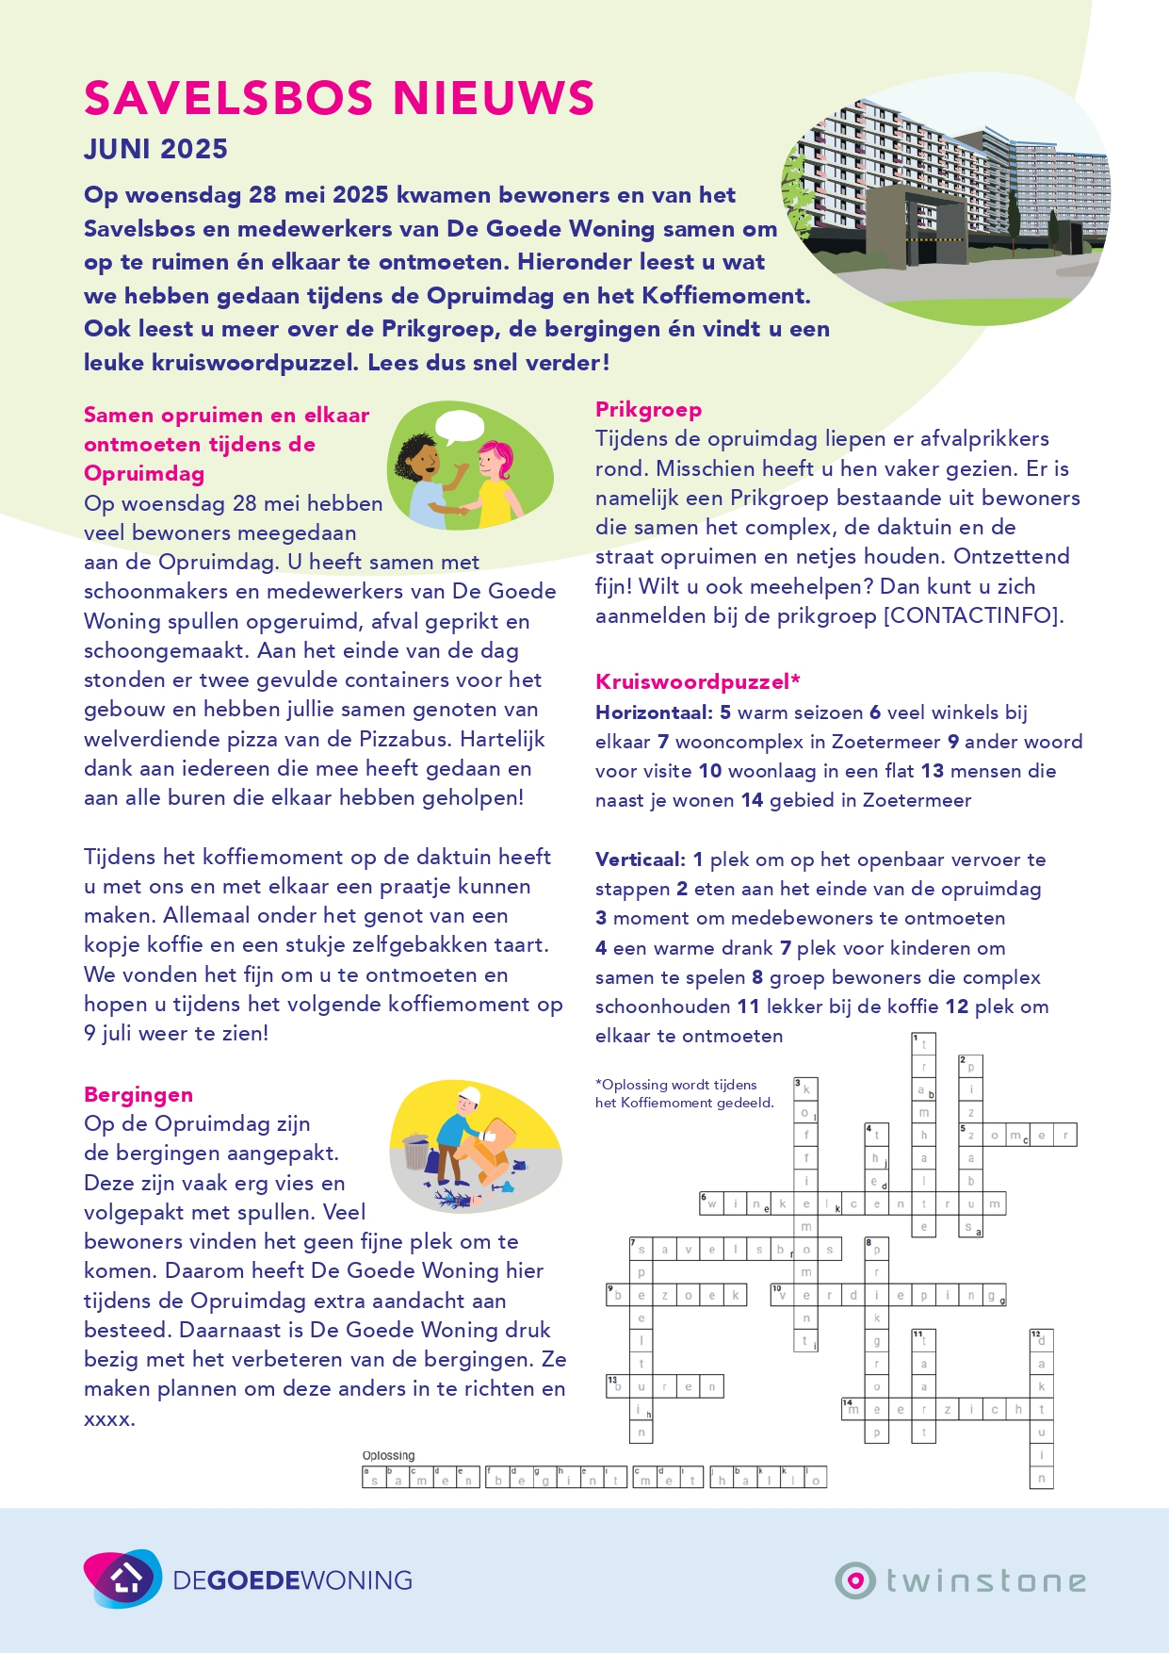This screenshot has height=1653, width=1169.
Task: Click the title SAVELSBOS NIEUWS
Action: click(x=339, y=99)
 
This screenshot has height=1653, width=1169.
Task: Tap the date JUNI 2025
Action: click(x=155, y=149)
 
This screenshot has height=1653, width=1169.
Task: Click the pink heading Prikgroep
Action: click(x=648, y=409)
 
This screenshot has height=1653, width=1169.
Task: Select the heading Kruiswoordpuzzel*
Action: click(x=698, y=681)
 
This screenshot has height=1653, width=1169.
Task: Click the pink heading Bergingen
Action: click(x=138, y=1094)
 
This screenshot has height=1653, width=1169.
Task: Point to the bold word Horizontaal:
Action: click(x=654, y=712)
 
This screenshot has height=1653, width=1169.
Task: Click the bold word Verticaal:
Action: click(x=641, y=859)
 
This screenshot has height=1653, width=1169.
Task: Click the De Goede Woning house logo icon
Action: click(x=123, y=1579)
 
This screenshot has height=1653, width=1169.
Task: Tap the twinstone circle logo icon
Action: click(x=855, y=1579)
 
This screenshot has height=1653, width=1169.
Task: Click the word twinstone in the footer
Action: click(x=985, y=1580)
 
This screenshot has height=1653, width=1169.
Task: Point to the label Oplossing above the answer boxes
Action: click(x=388, y=1456)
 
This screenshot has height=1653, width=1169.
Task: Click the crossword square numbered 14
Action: click(x=852, y=1409)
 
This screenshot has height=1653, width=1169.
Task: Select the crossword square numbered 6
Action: click(x=710, y=1203)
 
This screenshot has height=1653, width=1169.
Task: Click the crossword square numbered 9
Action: click(x=617, y=1295)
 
